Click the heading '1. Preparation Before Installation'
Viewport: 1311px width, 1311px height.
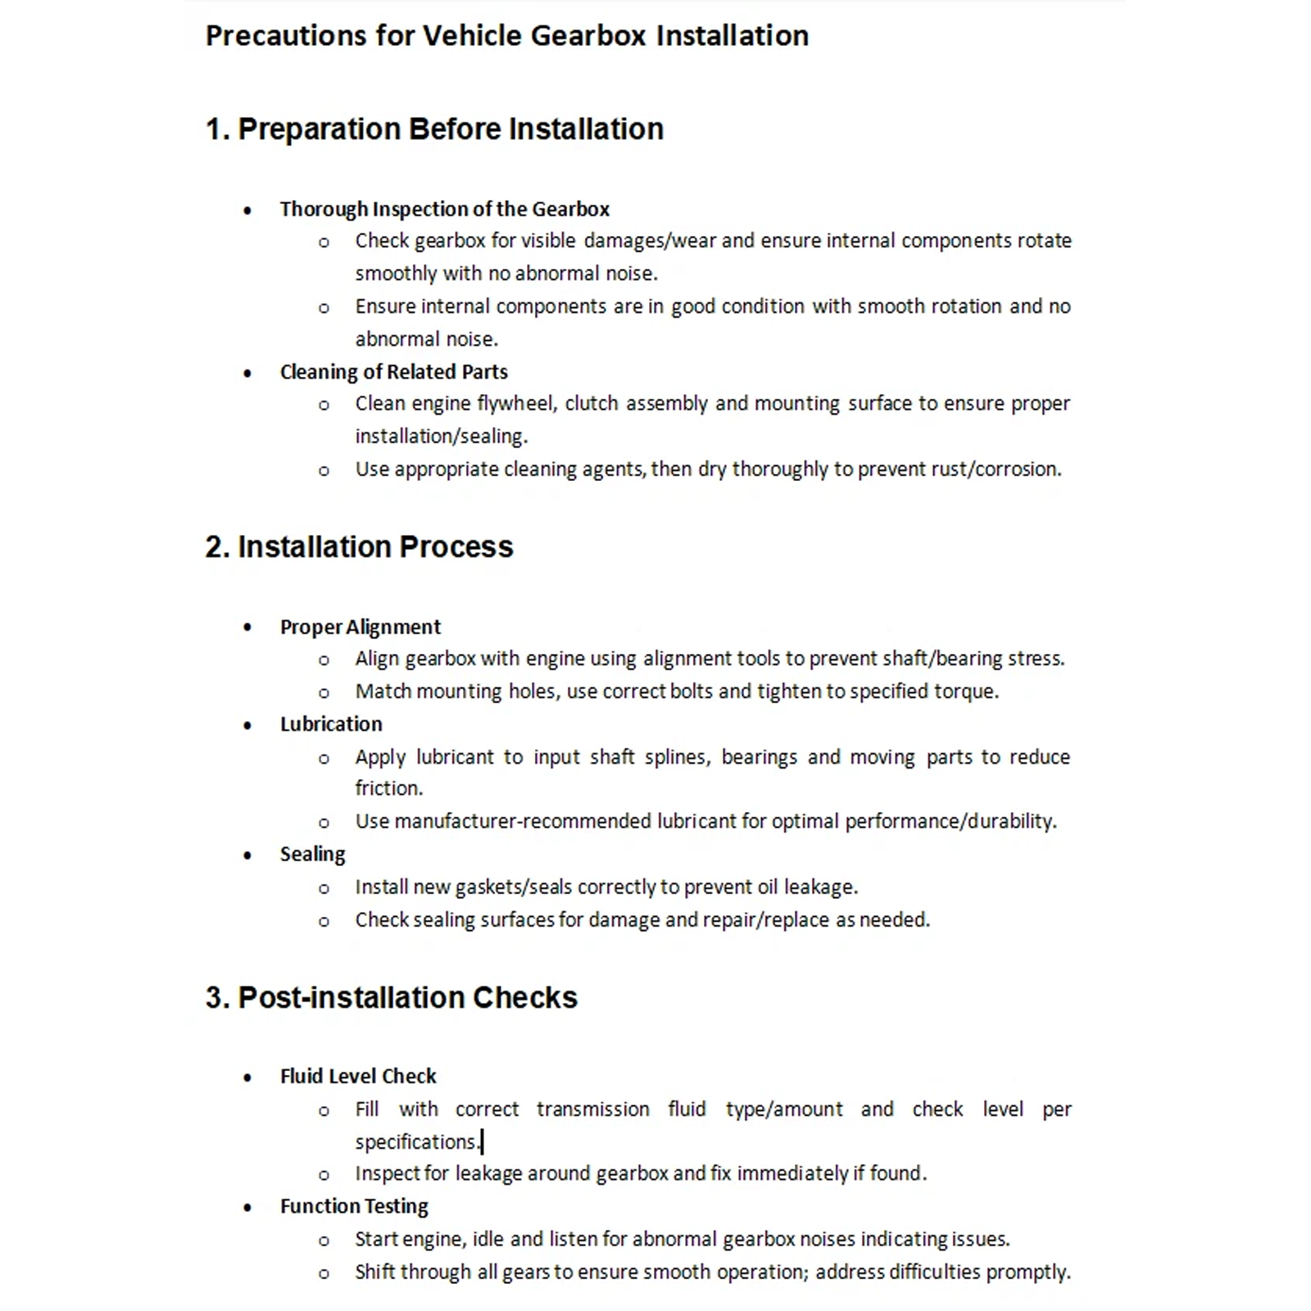(434, 129)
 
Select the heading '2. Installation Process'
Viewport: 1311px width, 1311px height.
(359, 547)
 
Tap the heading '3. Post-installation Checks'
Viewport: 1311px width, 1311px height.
(391, 998)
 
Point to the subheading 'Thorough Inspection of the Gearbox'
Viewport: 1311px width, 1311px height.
(444, 209)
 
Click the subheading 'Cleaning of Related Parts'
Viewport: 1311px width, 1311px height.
(393, 372)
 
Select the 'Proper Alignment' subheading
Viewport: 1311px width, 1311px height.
(360, 627)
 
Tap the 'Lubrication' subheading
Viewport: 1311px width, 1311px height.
(331, 724)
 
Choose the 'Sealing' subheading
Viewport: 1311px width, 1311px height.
(312, 855)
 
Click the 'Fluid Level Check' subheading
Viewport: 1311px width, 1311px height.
(358, 1076)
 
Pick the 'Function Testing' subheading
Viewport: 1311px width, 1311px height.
(354, 1206)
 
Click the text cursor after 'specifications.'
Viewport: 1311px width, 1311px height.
(483, 1141)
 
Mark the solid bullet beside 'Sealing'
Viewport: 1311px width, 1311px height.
(247, 855)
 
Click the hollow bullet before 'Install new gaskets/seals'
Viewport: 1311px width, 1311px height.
(324, 888)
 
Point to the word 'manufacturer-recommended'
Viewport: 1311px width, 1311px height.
(522, 821)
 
